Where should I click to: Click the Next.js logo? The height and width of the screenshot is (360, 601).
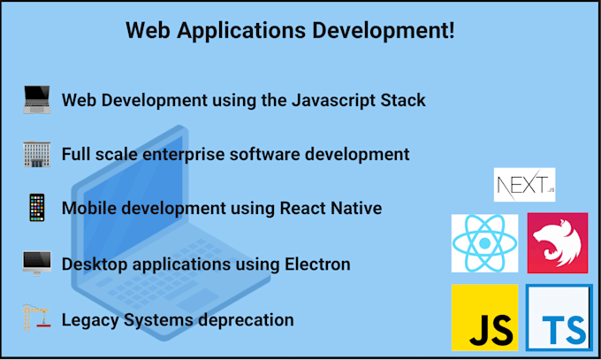point(524,185)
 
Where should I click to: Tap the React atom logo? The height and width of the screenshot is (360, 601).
point(484,243)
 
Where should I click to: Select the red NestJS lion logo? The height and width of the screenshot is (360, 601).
point(558,243)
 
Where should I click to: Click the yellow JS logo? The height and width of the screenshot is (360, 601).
point(484,318)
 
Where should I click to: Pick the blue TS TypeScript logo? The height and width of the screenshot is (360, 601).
point(559,318)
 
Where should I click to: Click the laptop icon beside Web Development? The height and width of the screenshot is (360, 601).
point(37,99)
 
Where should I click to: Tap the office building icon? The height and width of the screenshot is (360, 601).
point(37,154)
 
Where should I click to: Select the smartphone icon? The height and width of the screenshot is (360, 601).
point(37,208)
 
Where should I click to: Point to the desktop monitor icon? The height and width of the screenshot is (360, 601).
point(37,264)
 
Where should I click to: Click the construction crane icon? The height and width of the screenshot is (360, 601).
point(36,318)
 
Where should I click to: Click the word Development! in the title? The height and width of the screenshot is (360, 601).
point(383,31)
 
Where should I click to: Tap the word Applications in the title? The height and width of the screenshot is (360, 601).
point(241,31)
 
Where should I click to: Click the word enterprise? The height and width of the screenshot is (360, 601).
point(183,155)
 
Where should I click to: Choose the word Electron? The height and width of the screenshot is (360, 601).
point(317,264)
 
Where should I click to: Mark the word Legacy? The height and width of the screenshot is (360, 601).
point(90,320)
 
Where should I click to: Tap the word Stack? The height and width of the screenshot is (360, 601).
point(403,100)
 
